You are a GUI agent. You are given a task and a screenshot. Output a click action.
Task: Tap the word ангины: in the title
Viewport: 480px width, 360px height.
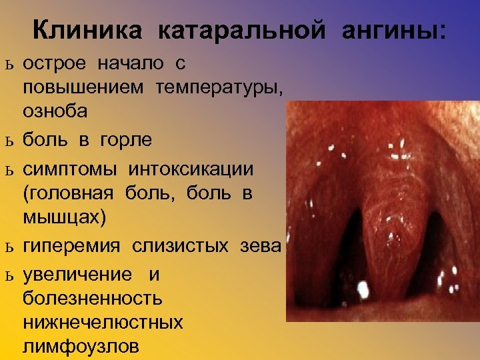395,31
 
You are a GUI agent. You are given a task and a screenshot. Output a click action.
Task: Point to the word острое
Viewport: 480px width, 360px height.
56,64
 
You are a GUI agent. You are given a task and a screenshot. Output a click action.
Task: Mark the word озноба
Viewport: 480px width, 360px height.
55,111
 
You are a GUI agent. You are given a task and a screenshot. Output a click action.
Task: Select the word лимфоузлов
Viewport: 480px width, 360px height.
81,346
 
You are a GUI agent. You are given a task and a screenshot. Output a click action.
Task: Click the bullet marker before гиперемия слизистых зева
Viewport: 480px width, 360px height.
8,247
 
